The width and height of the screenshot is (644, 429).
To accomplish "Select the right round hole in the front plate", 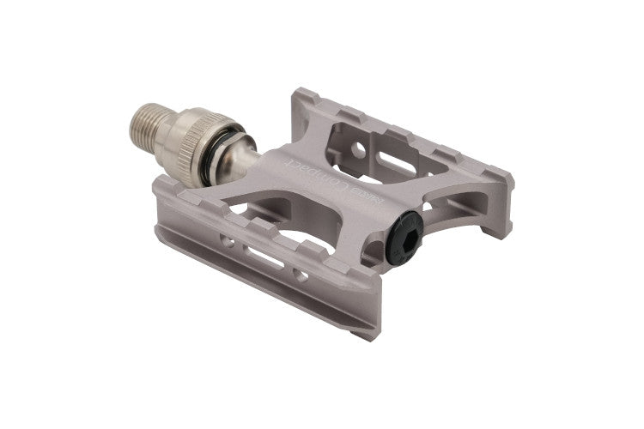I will (301, 275).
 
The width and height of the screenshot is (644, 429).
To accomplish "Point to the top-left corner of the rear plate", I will (299, 91).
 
